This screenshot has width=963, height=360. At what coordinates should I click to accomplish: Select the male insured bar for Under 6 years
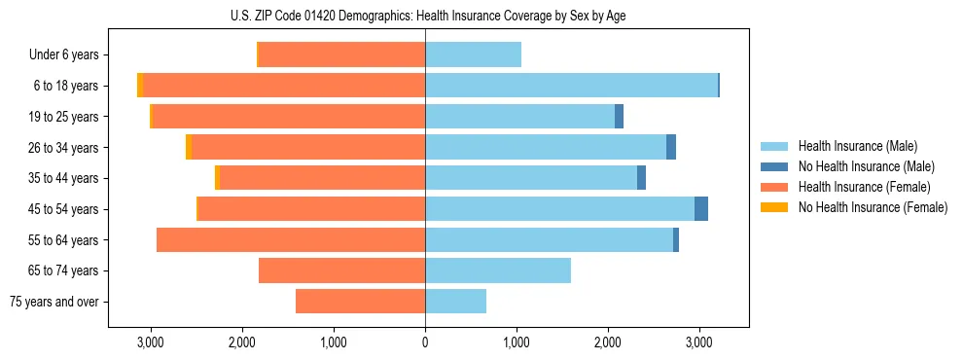pos(473,54)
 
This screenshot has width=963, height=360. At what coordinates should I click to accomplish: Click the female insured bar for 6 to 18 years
pos(284,86)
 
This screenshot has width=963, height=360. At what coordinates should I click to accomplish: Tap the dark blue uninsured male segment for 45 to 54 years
pos(701,209)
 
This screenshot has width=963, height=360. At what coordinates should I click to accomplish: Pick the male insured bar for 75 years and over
pos(455,302)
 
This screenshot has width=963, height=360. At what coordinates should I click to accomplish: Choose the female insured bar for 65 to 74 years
pos(341,270)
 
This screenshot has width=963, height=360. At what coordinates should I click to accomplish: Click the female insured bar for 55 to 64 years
pos(291,240)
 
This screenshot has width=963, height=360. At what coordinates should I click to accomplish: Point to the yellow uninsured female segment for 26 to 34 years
pos(189,148)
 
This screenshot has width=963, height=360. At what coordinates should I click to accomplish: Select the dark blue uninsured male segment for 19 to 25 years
pos(619,117)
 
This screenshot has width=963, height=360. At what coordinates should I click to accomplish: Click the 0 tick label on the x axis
pos(425,342)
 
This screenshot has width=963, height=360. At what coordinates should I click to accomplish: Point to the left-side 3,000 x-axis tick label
pos(150,342)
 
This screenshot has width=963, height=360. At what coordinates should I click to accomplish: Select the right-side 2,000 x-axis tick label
pos(608,342)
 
